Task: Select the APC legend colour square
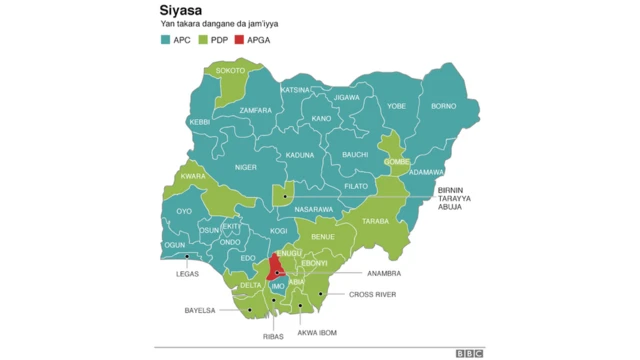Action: coord(165,40)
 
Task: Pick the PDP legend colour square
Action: coord(204,40)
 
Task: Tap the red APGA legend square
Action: coord(241,40)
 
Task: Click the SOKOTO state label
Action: coord(230,71)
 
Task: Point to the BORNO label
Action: coord(443,106)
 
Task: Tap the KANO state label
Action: coord(321,119)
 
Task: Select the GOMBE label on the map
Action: coord(397,161)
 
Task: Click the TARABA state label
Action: coord(375,221)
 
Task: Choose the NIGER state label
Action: coord(246,168)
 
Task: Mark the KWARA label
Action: coord(193,177)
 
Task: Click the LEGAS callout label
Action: coord(187,274)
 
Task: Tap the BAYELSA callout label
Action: coord(200,311)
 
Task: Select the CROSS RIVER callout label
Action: coord(372,295)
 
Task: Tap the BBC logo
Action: coord(469,352)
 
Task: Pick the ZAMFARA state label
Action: coord(255,110)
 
